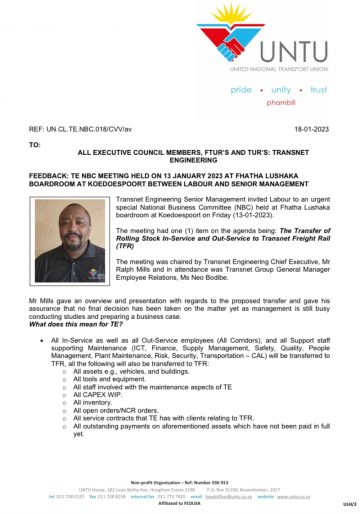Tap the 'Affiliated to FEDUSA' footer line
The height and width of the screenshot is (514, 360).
tap(180, 503)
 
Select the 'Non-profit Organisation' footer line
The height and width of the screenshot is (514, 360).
tap(180, 482)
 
